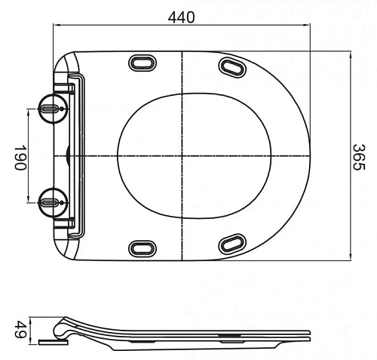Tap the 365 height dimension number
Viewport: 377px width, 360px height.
click(x=360, y=155)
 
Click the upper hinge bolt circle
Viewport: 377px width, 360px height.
click(x=49, y=109)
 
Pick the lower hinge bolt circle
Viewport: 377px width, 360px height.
click(x=49, y=201)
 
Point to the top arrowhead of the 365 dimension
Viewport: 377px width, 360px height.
click(x=351, y=53)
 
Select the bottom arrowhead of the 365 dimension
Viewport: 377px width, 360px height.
click(x=351, y=258)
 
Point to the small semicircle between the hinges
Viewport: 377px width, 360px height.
click(x=69, y=155)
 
